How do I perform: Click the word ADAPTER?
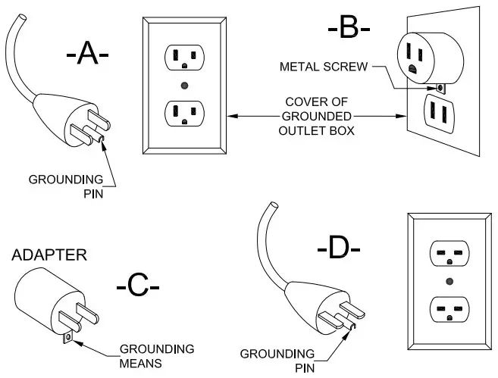(49, 255)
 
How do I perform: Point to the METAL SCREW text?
(324, 67)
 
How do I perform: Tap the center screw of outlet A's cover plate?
(184, 86)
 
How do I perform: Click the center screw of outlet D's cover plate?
(449, 281)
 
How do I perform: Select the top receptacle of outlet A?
(184, 58)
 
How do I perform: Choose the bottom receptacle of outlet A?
(184, 114)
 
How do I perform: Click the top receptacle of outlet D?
(449, 253)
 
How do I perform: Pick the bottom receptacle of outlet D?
(449, 310)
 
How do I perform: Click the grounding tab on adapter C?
(67, 338)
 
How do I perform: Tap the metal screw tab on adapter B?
(441, 88)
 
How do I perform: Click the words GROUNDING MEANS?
(157, 356)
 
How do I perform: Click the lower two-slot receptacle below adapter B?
(439, 114)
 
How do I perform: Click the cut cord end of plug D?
(273, 205)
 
